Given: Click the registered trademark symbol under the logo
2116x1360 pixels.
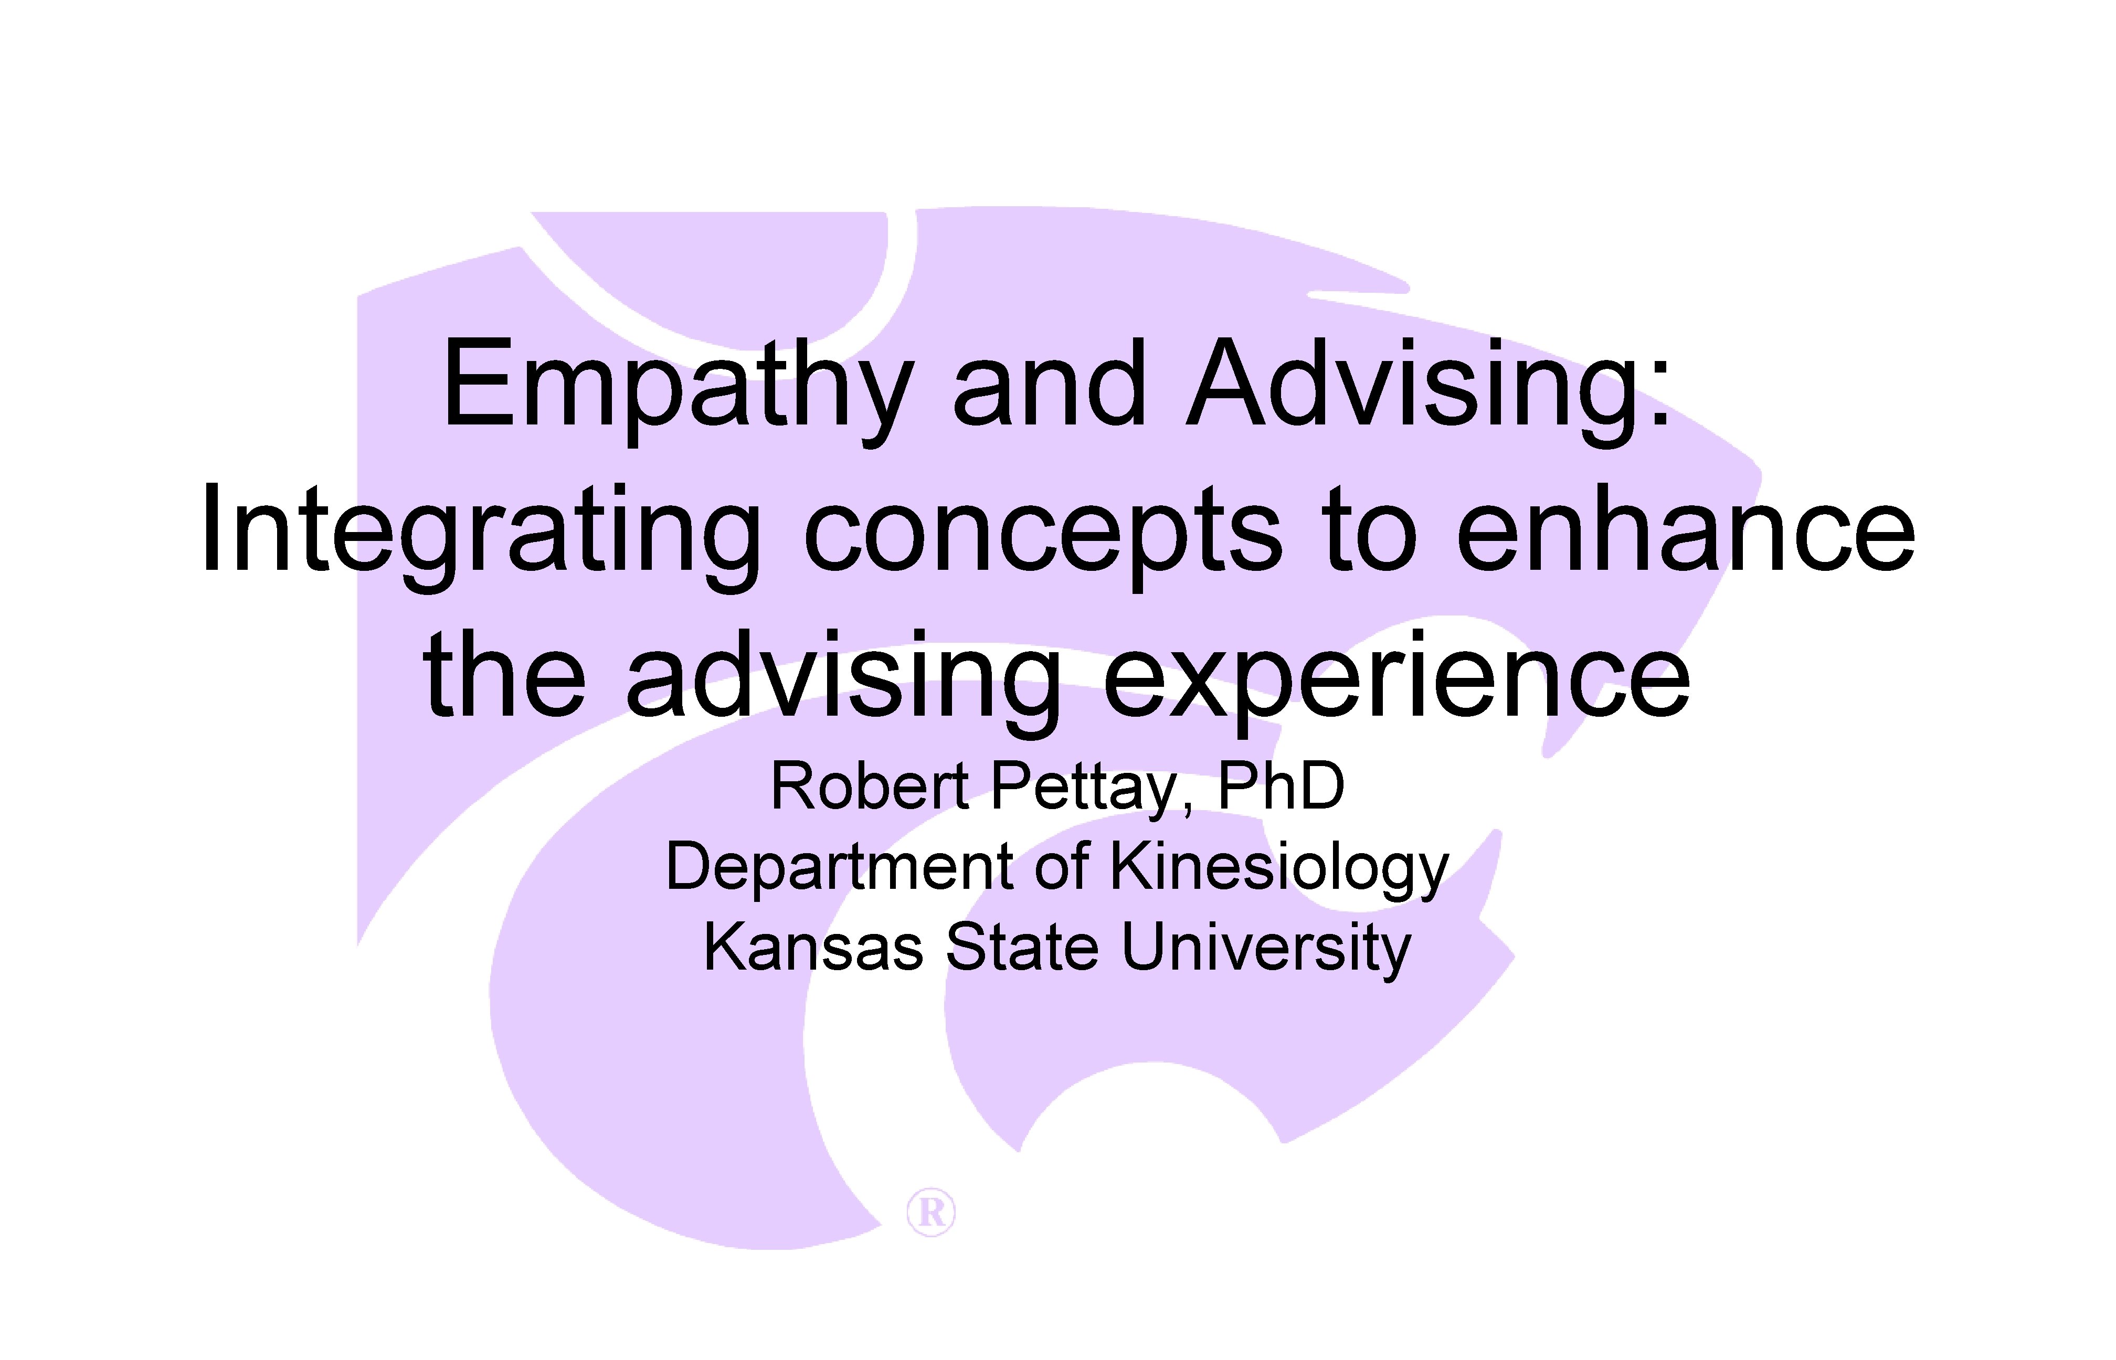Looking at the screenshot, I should tap(931, 1213).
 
